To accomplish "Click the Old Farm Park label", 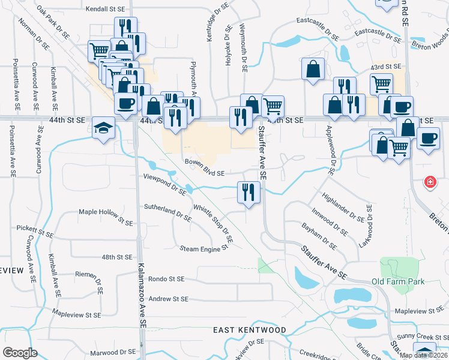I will pyautogui.click(x=397, y=281).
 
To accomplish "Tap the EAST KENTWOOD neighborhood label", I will pyautogui.click(x=250, y=331).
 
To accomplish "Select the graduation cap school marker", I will pyautogui.click(x=103, y=129).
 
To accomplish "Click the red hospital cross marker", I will pyautogui.click(x=430, y=182).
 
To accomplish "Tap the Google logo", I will pyautogui.click(x=20, y=353).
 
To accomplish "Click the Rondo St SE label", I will pyautogui.click(x=168, y=279).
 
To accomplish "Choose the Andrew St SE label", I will pyautogui.click(x=168, y=299).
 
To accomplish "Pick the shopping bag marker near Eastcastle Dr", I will pyautogui.click(x=313, y=69).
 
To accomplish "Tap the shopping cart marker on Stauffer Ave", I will pyautogui.click(x=273, y=107).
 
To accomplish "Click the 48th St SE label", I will pyautogui.click(x=116, y=257).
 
